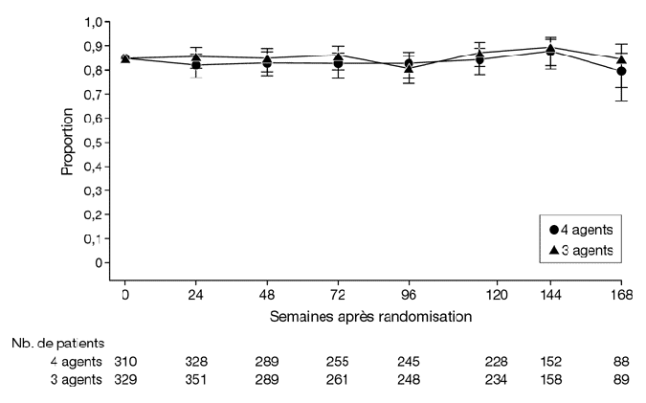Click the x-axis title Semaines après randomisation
click(371, 314)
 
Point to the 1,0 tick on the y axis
click(94, 22)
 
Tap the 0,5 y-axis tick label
click(94, 143)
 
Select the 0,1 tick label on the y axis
click(94, 238)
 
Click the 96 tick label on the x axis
click(410, 295)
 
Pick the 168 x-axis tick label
click(621, 295)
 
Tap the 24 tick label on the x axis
click(197, 295)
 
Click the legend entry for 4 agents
click(582, 230)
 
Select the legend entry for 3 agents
click(582, 251)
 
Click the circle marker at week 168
click(621, 71)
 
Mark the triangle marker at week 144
click(550, 49)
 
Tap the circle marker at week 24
click(197, 64)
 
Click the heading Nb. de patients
click(56, 342)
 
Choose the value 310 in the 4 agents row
click(125, 361)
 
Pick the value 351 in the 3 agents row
click(197, 380)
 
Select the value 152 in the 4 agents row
click(550, 361)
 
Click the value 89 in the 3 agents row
click(621, 380)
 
